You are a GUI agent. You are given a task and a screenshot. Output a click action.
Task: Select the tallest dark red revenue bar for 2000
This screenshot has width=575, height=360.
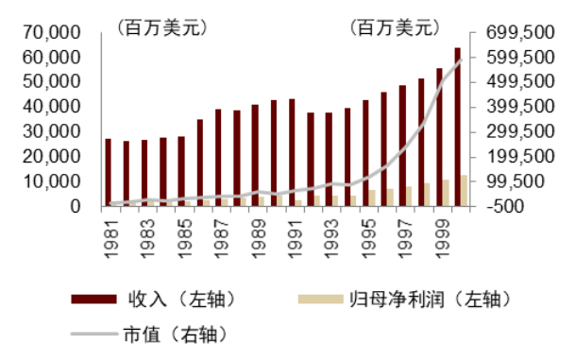tap(457, 127)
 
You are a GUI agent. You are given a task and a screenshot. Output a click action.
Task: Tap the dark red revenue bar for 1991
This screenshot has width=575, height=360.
tap(292, 152)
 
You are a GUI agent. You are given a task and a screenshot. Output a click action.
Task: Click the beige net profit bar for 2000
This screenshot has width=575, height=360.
tap(464, 190)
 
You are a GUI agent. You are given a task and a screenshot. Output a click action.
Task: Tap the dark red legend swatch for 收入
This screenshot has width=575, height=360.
tap(95, 300)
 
